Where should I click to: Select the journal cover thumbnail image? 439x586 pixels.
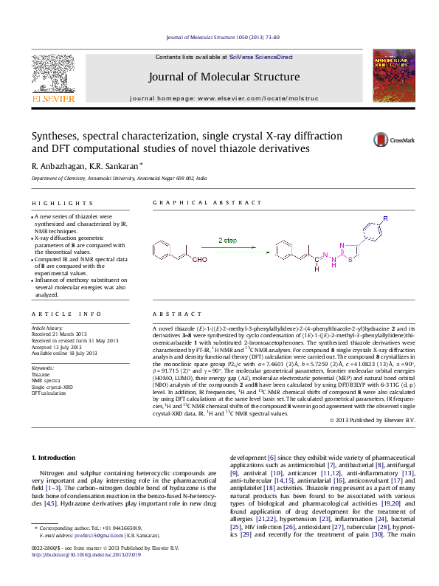(390, 77)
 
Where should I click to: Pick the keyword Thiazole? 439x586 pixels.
(41, 374)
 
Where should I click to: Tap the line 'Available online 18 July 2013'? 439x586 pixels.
(64, 353)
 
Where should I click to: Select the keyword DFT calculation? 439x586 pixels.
(49, 392)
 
